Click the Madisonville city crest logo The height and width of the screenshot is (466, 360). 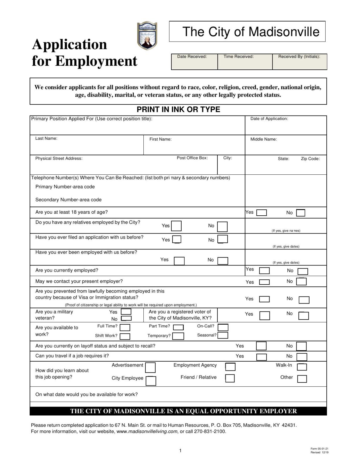[x=147, y=35]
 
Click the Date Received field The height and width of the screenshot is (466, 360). [x=194, y=62]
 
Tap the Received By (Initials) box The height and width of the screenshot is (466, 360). [x=299, y=62]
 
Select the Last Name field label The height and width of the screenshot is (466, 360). [x=46, y=139]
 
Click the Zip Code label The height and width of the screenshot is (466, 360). [x=310, y=159]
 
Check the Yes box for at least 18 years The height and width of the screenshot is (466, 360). [x=262, y=213]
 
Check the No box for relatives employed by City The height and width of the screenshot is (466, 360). [x=222, y=227]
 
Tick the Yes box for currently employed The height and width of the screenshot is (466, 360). [x=264, y=271]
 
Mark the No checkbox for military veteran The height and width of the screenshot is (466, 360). [x=126, y=319]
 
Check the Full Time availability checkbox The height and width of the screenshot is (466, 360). [x=125, y=327]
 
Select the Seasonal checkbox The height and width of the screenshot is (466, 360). [x=223, y=335]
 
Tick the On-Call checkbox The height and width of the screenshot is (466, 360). [x=223, y=327]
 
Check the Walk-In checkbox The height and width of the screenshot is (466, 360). [x=302, y=367]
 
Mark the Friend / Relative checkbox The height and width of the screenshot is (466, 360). [x=230, y=378]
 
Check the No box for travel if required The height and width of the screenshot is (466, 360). [x=302, y=357]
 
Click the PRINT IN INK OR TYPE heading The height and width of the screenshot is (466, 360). [x=178, y=110]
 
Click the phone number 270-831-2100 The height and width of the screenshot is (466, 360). [x=209, y=432]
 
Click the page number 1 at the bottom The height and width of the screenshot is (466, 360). [x=180, y=451]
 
